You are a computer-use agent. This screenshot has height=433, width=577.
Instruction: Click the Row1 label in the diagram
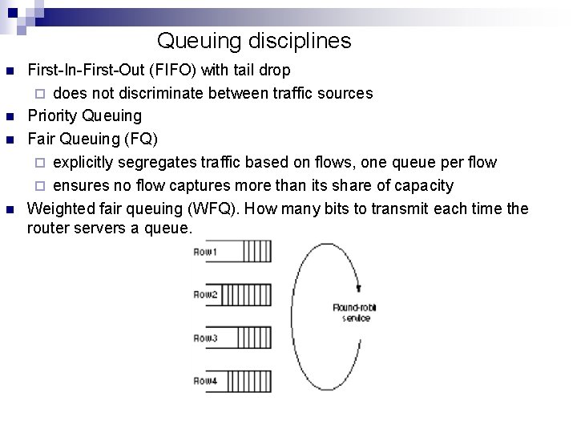[x=206, y=253]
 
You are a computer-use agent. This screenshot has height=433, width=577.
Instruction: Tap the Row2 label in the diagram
[x=206, y=295]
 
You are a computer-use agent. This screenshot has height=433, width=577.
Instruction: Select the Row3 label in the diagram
[x=206, y=338]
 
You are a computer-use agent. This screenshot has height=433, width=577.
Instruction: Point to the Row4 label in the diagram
[x=206, y=381]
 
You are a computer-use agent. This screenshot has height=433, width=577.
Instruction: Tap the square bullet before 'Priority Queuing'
[x=10, y=117]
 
